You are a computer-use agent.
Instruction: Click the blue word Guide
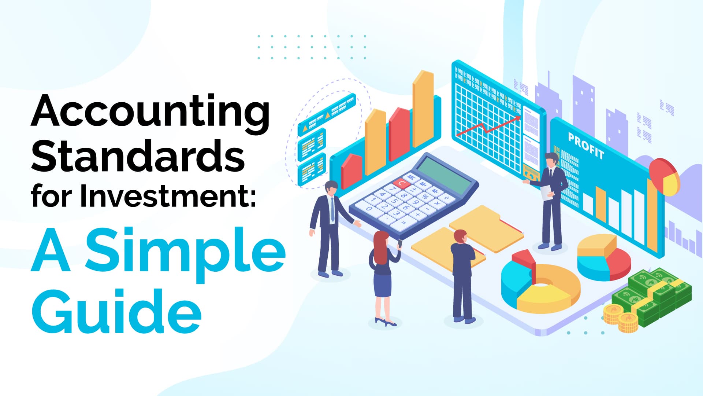coord(116,310)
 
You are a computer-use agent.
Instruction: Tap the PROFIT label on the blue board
coord(586,146)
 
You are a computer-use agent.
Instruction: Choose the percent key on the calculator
coord(425,197)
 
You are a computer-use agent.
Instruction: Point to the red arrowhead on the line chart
coord(517,118)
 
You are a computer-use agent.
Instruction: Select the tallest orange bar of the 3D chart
coord(423,109)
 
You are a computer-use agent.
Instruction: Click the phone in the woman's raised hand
coord(400,243)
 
